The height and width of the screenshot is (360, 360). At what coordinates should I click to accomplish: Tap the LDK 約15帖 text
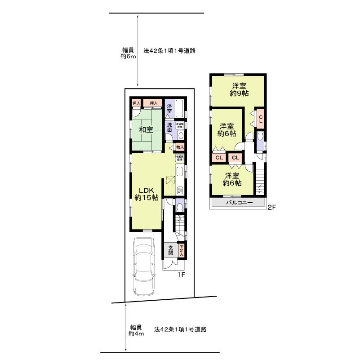(x=146, y=194)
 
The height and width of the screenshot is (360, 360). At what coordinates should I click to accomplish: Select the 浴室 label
(x=169, y=108)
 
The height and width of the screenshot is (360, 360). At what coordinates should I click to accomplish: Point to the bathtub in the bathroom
(x=179, y=108)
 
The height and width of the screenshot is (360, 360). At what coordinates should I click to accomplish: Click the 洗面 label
(x=169, y=127)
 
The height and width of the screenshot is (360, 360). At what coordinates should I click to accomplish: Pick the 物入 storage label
(x=179, y=147)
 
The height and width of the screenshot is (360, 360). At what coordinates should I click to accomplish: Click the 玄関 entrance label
(x=171, y=250)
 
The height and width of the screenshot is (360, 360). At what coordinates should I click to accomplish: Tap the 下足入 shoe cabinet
(x=182, y=250)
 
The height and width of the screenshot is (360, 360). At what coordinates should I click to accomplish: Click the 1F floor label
(x=181, y=274)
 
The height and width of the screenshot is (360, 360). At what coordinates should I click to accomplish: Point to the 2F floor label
(x=271, y=207)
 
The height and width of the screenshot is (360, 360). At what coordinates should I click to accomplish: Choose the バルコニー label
(x=239, y=203)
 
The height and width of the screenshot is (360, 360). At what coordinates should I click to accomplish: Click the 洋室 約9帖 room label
(x=239, y=90)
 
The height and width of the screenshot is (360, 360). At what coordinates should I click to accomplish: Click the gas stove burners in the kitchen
(x=180, y=190)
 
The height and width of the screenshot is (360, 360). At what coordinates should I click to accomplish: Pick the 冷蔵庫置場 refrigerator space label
(x=179, y=158)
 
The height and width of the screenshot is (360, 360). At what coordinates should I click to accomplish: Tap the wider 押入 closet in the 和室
(x=153, y=103)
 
